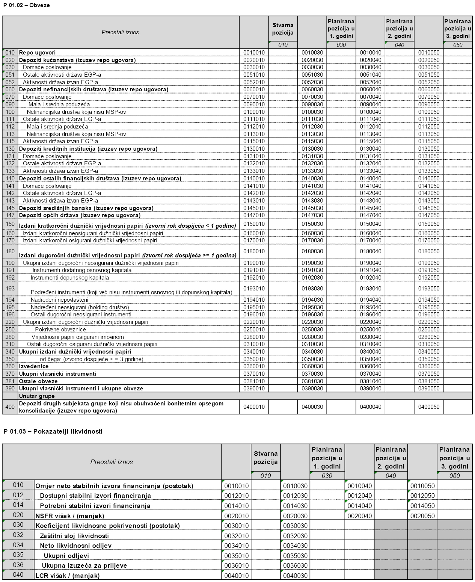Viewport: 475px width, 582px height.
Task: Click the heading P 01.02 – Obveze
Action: (x=26, y=5)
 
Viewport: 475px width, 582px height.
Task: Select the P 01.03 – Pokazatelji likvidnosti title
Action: (x=53, y=431)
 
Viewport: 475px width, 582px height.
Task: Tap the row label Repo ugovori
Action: (x=37, y=53)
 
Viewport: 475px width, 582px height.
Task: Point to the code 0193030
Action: (x=312, y=289)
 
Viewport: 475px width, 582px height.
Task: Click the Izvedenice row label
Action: (x=34, y=366)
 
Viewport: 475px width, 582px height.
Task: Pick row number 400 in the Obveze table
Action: (x=10, y=407)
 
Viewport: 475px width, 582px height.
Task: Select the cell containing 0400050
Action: (x=429, y=407)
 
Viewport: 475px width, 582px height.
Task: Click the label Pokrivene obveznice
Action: (x=60, y=330)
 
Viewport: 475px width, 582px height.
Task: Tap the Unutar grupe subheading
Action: (x=37, y=396)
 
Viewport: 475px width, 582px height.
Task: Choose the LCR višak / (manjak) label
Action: (x=68, y=576)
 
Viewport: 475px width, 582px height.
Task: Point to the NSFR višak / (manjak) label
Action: (x=70, y=516)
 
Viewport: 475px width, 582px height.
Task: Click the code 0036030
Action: (x=295, y=565)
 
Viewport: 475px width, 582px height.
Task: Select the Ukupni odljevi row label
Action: (x=66, y=556)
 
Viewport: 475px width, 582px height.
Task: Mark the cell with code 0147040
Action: (x=371, y=215)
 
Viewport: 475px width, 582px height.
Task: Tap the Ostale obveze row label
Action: (x=38, y=381)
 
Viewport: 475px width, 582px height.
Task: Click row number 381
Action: (x=10, y=381)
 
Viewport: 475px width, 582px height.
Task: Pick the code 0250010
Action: (x=254, y=330)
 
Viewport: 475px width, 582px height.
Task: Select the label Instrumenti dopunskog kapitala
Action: (x=70, y=278)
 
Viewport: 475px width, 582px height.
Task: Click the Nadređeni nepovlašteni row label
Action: (x=60, y=300)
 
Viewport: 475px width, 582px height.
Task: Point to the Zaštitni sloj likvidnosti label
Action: (x=74, y=536)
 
